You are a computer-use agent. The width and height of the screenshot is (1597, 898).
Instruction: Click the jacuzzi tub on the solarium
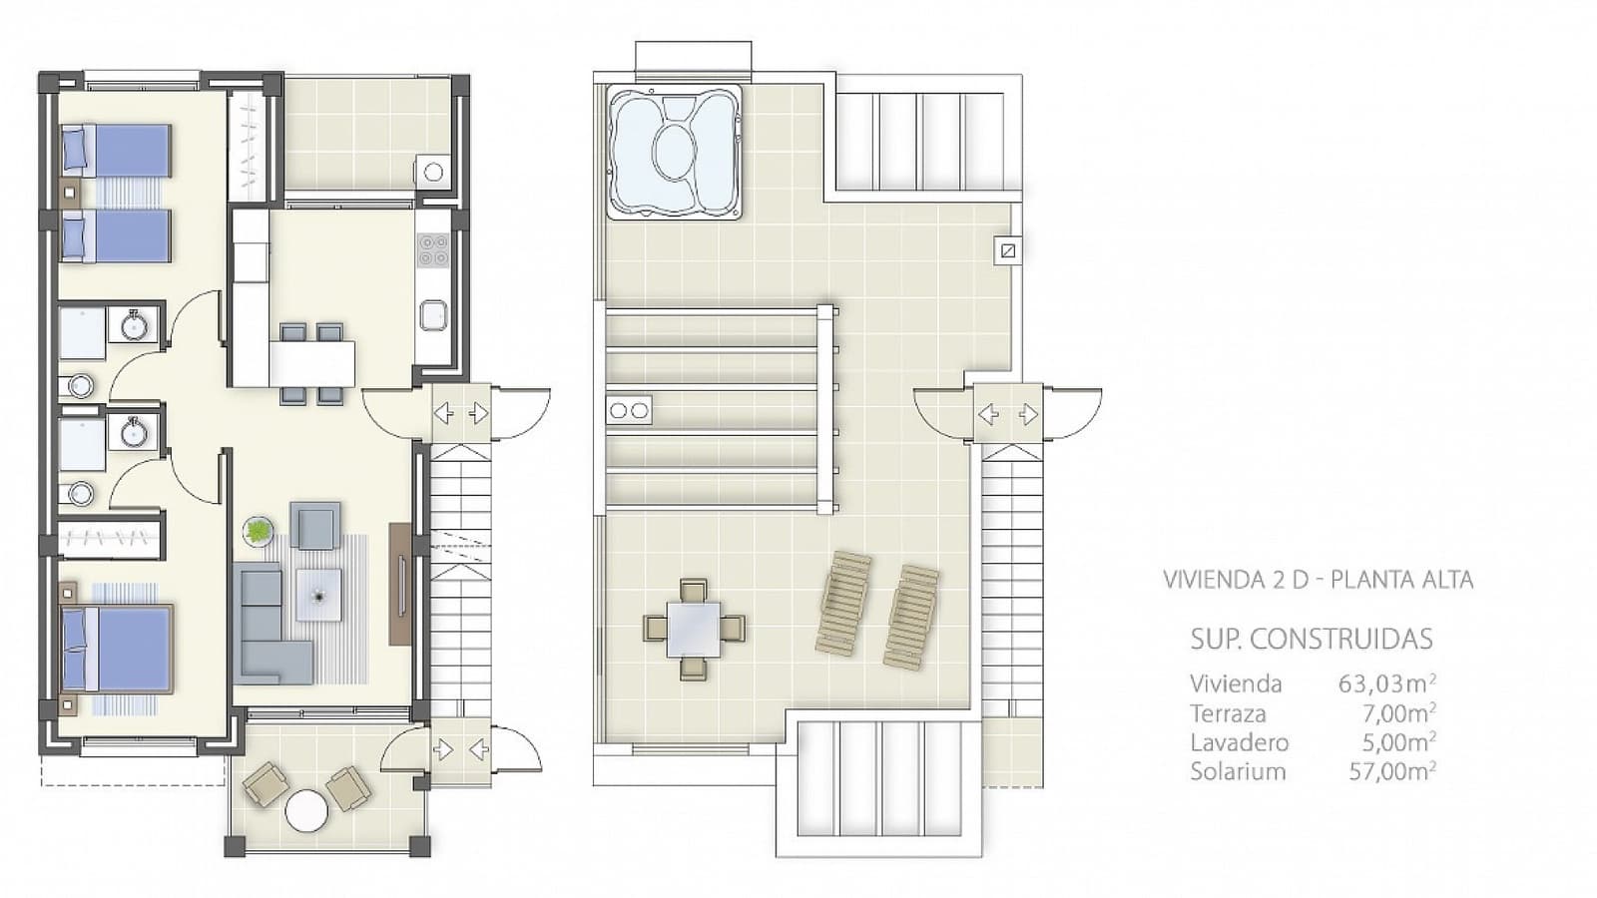675,152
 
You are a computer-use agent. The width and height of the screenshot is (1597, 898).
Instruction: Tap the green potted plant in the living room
259,531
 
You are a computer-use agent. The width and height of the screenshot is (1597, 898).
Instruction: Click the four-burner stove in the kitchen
432,249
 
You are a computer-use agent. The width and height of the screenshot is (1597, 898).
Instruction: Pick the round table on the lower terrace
306,810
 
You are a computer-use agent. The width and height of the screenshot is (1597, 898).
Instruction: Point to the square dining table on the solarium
694,629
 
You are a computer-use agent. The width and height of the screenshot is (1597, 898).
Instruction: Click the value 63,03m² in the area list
1386,683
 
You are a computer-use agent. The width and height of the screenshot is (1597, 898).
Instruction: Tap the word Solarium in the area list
1238,771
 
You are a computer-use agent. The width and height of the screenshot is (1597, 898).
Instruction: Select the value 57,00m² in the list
1391,771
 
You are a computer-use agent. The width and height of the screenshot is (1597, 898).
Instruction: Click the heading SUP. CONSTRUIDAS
1312,639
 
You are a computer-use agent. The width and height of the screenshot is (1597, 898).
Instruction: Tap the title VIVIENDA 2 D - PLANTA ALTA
1318,580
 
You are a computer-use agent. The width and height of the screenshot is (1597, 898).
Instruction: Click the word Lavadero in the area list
1239,742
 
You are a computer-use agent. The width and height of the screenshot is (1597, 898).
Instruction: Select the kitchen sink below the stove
433,316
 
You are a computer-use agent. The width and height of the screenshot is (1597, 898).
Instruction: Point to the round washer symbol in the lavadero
433,173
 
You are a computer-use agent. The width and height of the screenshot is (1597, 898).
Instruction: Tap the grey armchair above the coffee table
315,526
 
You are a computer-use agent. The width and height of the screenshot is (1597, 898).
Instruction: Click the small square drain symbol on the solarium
1008,250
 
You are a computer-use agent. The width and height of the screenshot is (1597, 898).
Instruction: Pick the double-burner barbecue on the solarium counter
629,410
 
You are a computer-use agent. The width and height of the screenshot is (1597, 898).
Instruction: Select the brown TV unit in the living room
400,584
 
